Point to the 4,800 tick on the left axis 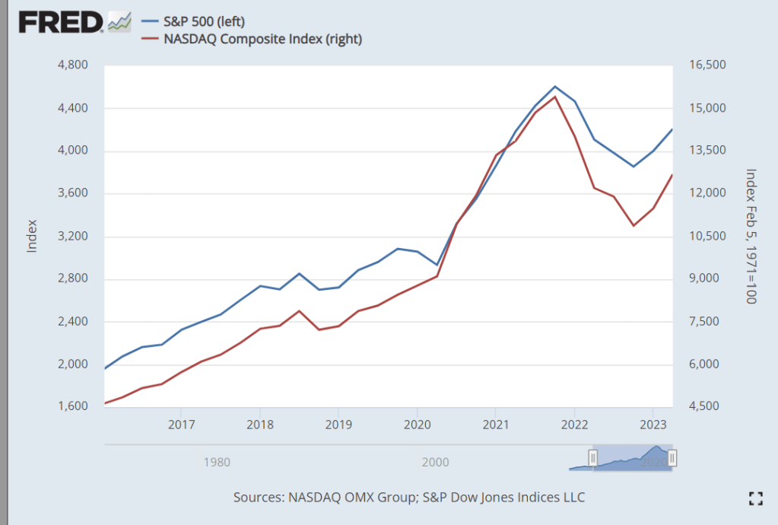coord(74,65)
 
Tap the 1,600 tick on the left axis coord(74,407)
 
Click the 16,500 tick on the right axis coord(707,65)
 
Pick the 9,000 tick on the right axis coord(704,278)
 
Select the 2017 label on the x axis coord(181,423)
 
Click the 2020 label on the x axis coord(417,423)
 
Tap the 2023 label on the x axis coord(653,423)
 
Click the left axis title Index coord(32,236)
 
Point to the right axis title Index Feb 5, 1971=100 coord(751,236)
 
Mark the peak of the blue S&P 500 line coord(555,87)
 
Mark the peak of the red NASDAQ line coord(555,97)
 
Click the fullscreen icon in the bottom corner coord(755,498)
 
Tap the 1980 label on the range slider coord(217,461)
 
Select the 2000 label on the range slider coord(434,461)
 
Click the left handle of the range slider coord(593,457)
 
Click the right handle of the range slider coord(672,457)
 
